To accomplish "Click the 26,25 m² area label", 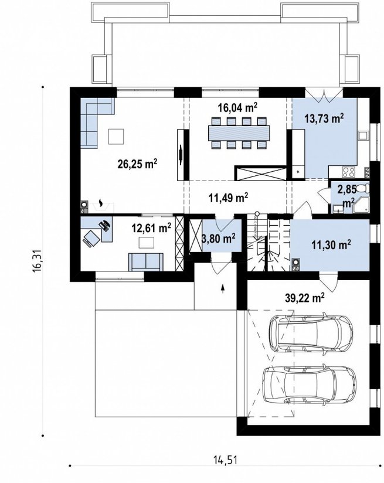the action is pos(137,164).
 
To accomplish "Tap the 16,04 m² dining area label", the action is pos(237,107).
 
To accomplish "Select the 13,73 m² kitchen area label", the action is pos(324,118).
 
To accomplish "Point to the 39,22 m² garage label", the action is pos(304,298).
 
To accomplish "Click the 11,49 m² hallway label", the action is pos(229,198).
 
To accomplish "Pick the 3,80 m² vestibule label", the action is pos(219,238).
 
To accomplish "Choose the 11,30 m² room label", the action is pos(331,245).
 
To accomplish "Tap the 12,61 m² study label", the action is pos(152,229).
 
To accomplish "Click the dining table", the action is pos(239,133).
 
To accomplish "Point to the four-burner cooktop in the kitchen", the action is pos(349,172).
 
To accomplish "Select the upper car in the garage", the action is pos(311,333).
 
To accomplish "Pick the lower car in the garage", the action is pos(310,385).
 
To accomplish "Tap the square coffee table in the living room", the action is pos(116,137).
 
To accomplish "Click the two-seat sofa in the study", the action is pos(146,262).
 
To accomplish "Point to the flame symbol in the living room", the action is pos(101,202).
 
